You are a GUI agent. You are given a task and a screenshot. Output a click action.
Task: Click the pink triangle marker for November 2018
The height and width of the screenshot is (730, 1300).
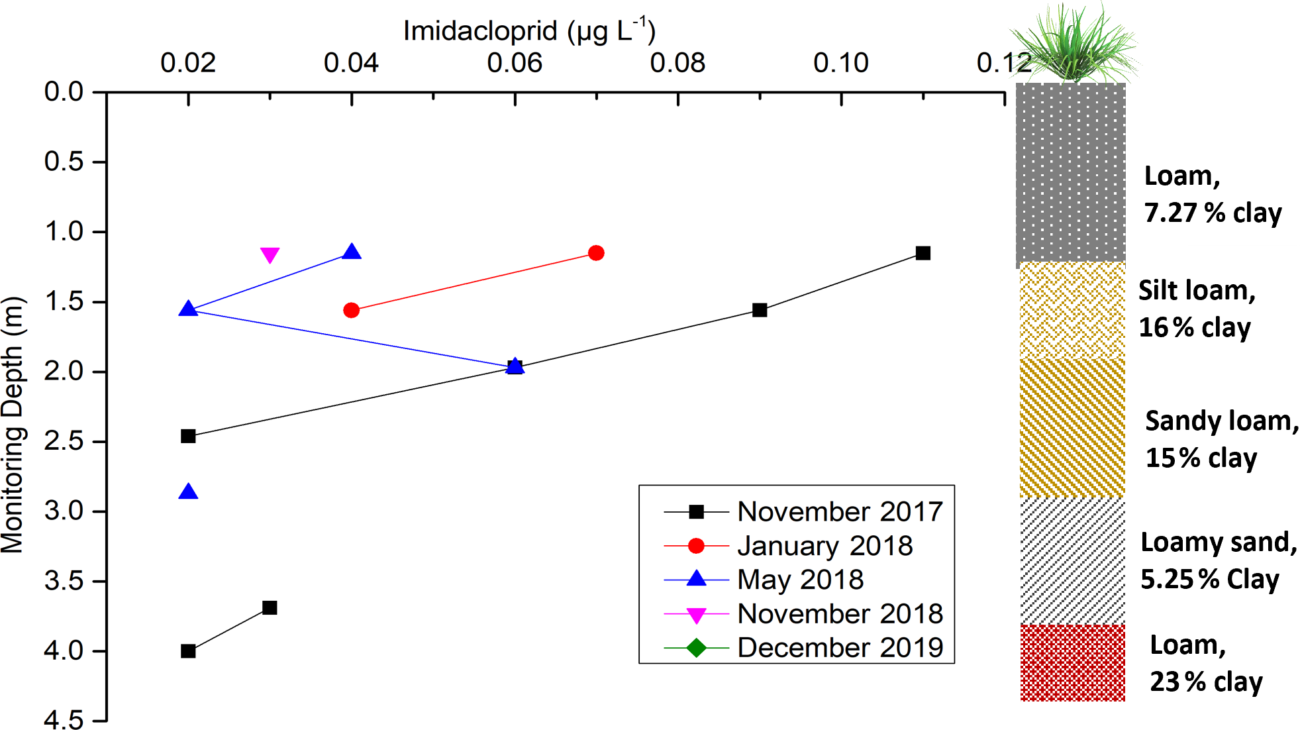270,254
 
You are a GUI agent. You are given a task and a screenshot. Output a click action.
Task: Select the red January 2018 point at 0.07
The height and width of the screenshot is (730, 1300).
596,253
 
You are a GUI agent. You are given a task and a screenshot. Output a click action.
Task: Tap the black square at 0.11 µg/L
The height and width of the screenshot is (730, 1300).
923,253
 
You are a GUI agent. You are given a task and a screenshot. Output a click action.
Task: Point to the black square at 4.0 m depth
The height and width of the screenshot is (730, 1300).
188,651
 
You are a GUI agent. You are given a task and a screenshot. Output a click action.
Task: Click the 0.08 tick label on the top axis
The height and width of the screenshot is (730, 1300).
677,64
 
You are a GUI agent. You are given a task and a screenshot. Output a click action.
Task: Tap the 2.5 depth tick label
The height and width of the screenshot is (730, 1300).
64,441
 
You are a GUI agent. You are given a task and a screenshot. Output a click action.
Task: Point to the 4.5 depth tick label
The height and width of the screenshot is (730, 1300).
64,720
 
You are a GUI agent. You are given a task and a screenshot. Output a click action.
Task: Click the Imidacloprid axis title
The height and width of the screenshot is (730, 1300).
528,31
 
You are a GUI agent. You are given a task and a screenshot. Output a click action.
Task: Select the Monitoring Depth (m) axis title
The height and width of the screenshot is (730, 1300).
13,424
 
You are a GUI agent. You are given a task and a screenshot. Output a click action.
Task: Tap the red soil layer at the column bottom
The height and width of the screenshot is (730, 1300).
1073,662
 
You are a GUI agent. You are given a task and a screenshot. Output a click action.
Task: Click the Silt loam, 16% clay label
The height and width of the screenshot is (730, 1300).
1196,309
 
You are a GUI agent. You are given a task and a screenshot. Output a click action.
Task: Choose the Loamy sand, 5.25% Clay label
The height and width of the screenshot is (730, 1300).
1217,560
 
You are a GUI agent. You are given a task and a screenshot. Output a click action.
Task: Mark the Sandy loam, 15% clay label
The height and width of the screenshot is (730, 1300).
1221,439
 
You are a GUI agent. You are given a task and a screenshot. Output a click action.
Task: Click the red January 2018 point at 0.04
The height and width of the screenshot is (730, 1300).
352,310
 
